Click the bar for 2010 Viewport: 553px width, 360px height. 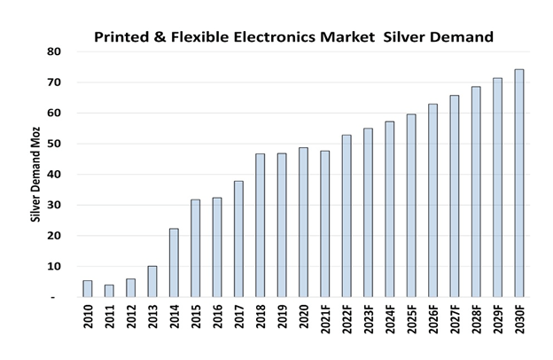[88, 289]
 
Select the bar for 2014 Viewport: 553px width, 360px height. [175, 262]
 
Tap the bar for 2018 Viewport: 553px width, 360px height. [261, 225]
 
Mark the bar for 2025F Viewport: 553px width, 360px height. [411, 206]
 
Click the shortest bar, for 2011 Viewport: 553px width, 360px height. [109, 291]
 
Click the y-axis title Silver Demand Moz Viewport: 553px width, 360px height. [36, 174]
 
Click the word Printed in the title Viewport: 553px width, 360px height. [123, 37]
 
